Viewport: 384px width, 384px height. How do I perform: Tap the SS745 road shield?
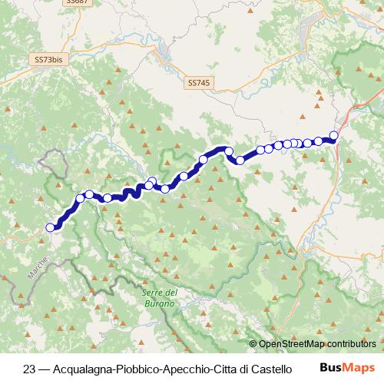pyautogui.click(x=197, y=81)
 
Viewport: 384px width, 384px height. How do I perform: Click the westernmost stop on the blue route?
pyautogui.click(x=51, y=227)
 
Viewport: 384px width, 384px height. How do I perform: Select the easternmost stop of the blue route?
pyautogui.click(x=334, y=135)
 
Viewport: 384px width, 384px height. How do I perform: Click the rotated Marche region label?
pyautogui.click(x=38, y=268)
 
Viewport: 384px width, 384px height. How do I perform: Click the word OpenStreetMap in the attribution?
pyautogui.click(x=293, y=343)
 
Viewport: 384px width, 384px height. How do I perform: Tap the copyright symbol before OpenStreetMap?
pyautogui.click(x=253, y=343)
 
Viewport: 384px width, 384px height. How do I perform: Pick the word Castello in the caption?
pyautogui.click(x=271, y=368)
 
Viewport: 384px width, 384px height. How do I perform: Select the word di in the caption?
pyautogui.click(x=243, y=368)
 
